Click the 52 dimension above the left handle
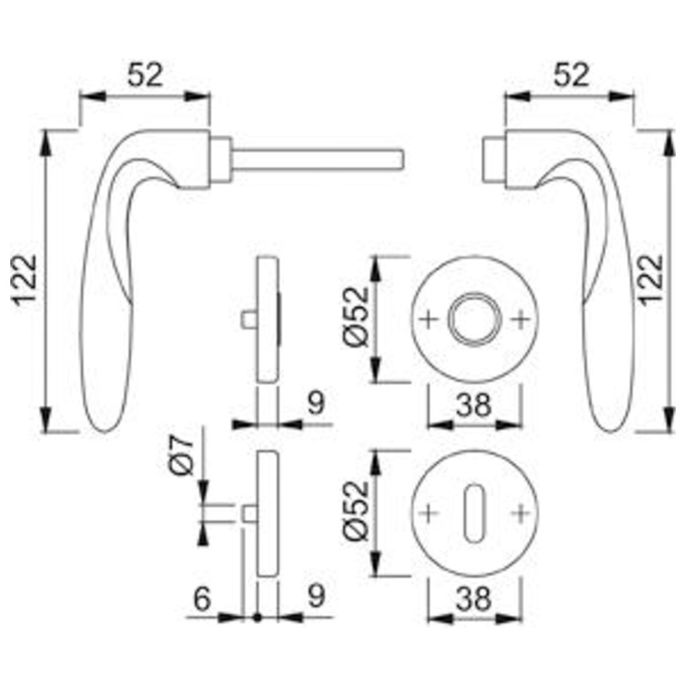pyautogui.click(x=145, y=75)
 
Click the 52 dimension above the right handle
pyautogui.click(x=571, y=75)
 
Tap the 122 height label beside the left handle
pyautogui.click(x=25, y=280)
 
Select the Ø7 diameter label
pyautogui.click(x=181, y=455)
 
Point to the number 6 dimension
pyautogui.click(x=202, y=599)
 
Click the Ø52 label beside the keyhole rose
pyautogui.click(x=357, y=511)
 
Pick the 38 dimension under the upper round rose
pyautogui.click(x=474, y=405)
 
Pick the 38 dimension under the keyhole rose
pyautogui.click(x=474, y=599)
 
